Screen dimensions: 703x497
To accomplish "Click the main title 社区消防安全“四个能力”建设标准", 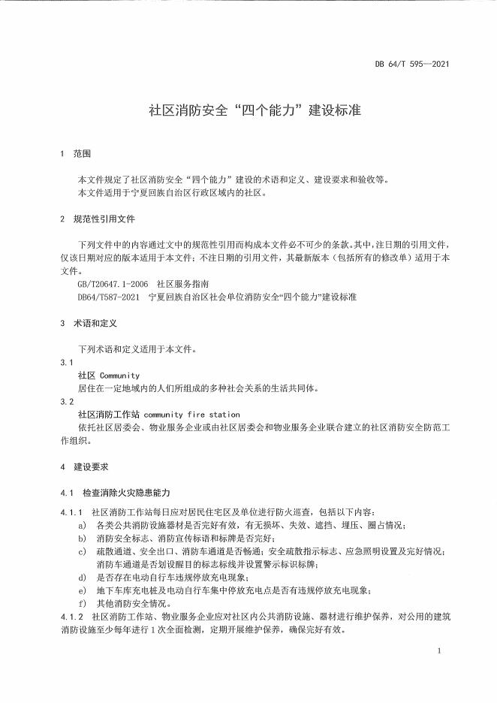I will click(x=255, y=110).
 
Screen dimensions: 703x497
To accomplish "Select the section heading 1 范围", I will click(x=75, y=154).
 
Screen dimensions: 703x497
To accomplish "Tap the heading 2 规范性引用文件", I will click(x=98, y=219).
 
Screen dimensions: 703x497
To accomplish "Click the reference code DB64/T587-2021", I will click(x=109, y=297).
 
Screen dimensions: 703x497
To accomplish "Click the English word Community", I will click(x=119, y=375).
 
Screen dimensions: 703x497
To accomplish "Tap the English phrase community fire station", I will click(x=191, y=414).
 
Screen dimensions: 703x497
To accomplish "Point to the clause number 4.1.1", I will click(x=71, y=511).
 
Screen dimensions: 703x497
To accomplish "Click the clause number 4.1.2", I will click(x=71, y=617).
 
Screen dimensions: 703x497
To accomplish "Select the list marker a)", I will click(x=82, y=524).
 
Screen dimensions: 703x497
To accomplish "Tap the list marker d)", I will click(x=82, y=577).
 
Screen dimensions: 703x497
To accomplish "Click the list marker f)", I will click(x=82, y=603).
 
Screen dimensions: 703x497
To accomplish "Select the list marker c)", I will click(x=82, y=551).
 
